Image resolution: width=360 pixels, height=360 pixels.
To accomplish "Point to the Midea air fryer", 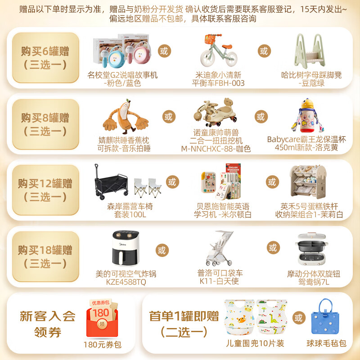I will coord(125,249).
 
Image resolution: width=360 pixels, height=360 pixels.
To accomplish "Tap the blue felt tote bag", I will coord(326,319).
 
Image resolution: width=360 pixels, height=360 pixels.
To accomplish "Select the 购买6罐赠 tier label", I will coord(45,51).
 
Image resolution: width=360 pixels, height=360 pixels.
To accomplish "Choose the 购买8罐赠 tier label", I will coord(45,118).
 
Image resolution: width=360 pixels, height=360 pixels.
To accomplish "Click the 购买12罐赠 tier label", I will coord(45,184).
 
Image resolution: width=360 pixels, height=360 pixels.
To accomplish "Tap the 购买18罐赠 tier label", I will coord(45,250).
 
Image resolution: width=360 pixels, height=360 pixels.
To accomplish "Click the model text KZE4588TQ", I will coord(126,282).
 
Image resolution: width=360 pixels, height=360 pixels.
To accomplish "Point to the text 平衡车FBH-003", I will coord(218,83).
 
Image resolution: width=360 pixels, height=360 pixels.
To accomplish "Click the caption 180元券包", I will coord(103,345).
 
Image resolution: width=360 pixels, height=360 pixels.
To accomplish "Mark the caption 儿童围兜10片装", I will coord(255,343).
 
